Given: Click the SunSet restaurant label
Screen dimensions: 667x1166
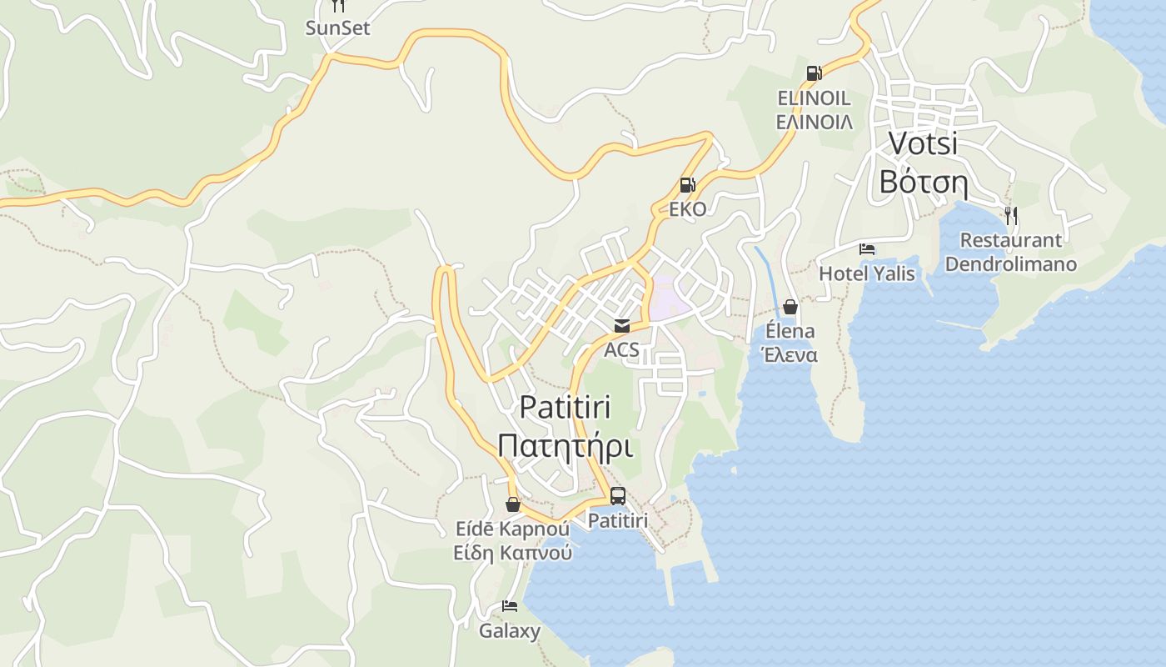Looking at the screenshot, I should (337, 28).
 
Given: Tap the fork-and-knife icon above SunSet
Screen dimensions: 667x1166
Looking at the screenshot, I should (337, 6).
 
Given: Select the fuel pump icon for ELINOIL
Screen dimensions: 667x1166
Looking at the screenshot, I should (814, 73).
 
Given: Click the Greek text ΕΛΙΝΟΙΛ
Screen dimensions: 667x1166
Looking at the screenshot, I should (814, 122).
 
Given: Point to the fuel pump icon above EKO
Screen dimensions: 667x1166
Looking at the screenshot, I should (687, 185).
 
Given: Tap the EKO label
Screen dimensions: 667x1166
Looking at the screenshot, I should (687, 208).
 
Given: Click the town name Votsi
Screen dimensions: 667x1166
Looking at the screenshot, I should (923, 143).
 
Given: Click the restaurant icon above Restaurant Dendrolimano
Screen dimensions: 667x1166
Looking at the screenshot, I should (1010, 216).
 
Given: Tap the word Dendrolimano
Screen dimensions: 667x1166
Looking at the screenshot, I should (1010, 264).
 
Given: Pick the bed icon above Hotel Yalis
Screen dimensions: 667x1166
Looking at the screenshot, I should (867, 249).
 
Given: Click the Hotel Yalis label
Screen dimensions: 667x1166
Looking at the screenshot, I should (867, 273).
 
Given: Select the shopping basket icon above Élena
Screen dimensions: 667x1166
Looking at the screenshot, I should (790, 307).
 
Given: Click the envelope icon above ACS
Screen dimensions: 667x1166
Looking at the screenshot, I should (622, 326).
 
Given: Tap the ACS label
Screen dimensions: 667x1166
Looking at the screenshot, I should (622, 349).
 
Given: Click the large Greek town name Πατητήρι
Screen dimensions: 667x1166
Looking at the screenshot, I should (565, 445).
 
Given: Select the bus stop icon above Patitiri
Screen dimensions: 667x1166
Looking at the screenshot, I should (617, 496).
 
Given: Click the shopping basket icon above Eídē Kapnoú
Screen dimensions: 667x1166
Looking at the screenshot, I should (513, 504).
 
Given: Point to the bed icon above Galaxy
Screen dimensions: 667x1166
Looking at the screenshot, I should (510, 606).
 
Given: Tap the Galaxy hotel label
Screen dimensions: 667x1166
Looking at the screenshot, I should (510, 630).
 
